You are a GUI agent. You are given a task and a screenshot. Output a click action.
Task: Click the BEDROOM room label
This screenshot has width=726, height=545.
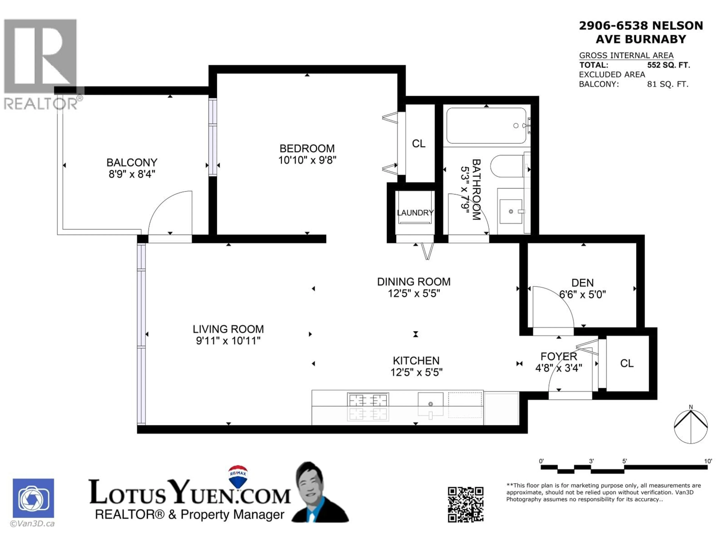click(307, 149)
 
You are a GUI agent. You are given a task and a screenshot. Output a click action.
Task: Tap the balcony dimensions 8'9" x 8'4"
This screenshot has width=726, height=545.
click(132, 174)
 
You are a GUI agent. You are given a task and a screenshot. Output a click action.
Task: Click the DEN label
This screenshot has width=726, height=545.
click(583, 283)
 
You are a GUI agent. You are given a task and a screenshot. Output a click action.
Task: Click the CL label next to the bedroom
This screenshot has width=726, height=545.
click(418, 144)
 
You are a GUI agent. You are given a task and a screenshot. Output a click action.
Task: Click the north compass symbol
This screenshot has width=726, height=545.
click(691, 426)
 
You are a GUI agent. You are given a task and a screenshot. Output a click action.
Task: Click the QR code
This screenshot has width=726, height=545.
click(465, 505)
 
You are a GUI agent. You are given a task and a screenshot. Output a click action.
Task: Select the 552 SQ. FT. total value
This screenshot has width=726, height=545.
click(668, 65)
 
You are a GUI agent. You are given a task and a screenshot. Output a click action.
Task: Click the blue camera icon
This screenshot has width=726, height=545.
click(33, 498)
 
